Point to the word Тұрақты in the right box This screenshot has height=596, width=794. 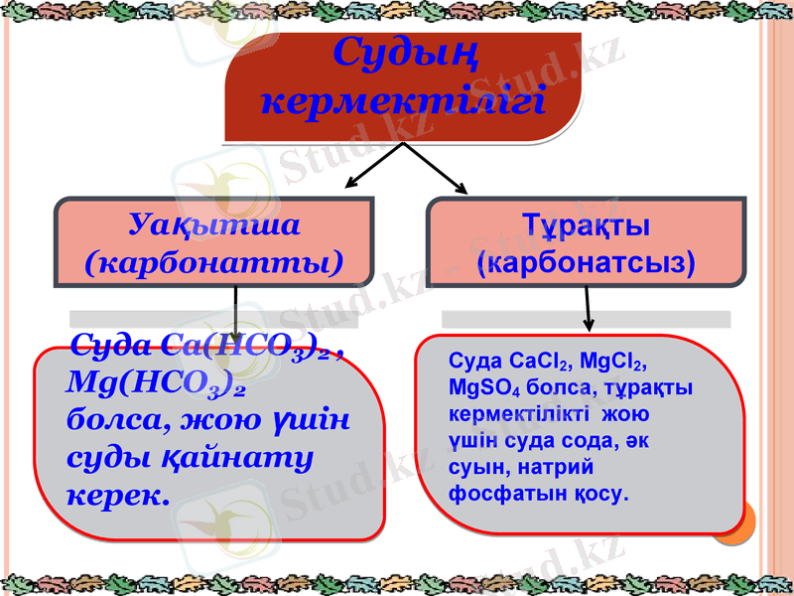tap(586, 225)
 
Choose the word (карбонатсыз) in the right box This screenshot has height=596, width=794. tap(586, 262)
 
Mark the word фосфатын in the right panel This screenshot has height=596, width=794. tap(492, 493)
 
